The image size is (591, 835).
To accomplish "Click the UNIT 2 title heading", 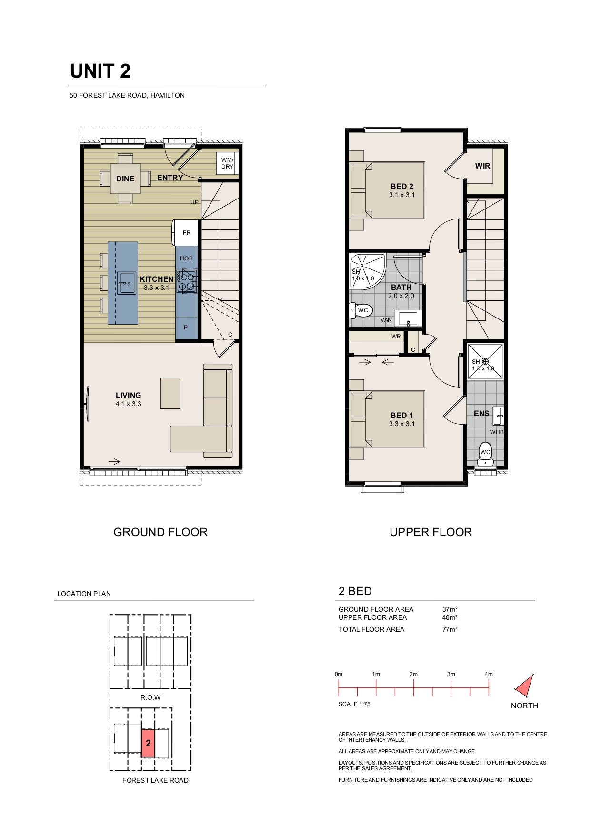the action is pyautogui.click(x=100, y=71).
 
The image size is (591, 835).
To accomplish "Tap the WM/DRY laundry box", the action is pyautogui.click(x=227, y=163).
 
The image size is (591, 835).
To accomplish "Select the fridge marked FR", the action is pyautogui.click(x=186, y=232).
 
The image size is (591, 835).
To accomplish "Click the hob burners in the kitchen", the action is pyautogui.click(x=187, y=281).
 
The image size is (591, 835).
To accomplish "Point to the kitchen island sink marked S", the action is pyautogui.click(x=127, y=284).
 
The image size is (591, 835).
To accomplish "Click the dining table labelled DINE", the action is pyautogui.click(x=126, y=179).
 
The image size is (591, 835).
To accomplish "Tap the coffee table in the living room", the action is pyautogui.click(x=170, y=393).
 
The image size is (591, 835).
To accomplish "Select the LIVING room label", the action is pyautogui.click(x=128, y=395).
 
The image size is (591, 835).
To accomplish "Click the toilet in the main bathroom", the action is pyautogui.click(x=361, y=311).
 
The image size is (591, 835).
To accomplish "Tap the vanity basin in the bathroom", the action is pyautogui.click(x=408, y=318).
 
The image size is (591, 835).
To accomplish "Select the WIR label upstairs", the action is pyautogui.click(x=482, y=166).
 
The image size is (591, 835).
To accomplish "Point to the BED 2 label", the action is pyautogui.click(x=402, y=187).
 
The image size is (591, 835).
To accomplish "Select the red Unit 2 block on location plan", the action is pyautogui.click(x=148, y=743).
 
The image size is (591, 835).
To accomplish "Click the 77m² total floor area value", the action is pyautogui.click(x=450, y=629).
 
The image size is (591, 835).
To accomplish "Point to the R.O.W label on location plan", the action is pyautogui.click(x=150, y=697).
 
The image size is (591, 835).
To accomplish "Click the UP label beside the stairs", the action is pyautogui.click(x=194, y=202).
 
